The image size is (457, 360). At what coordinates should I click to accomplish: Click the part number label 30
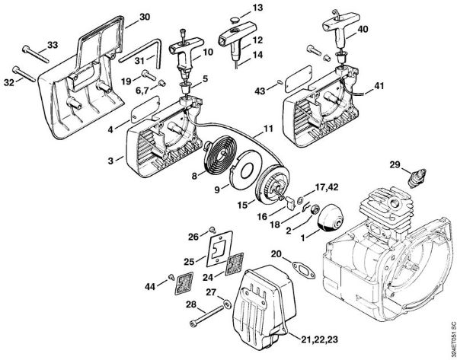145,16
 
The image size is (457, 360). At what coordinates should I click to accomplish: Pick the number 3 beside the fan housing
110,161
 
